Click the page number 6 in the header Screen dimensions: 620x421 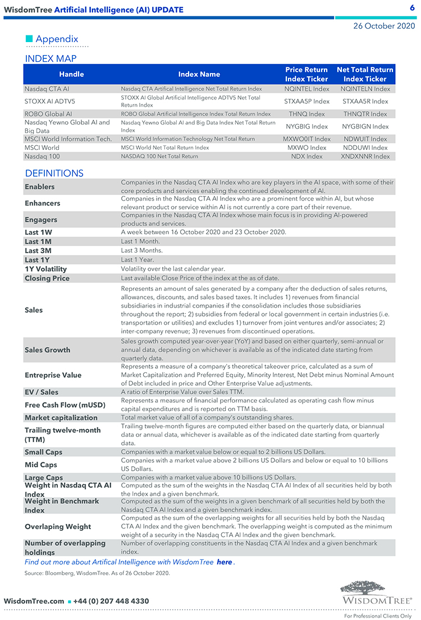412,8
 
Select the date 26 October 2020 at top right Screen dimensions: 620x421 384,26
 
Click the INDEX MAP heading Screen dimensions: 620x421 51,58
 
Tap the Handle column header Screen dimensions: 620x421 71,74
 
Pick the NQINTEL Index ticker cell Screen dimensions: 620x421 306,89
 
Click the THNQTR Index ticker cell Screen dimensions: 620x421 365,114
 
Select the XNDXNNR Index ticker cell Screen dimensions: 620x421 365,156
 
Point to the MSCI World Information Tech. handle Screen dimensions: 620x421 68,139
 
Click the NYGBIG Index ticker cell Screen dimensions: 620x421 306,126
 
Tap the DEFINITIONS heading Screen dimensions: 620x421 54,173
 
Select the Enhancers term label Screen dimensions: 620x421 42,203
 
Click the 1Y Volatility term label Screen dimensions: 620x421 45,269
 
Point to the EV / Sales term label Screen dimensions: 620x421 42,392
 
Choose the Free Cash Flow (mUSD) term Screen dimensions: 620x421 65,405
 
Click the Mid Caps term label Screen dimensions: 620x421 41,464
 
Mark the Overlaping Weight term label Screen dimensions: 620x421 58,527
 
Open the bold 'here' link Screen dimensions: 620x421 225,562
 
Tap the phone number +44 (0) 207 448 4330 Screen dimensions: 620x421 111,601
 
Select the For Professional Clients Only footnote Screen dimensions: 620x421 378,616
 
